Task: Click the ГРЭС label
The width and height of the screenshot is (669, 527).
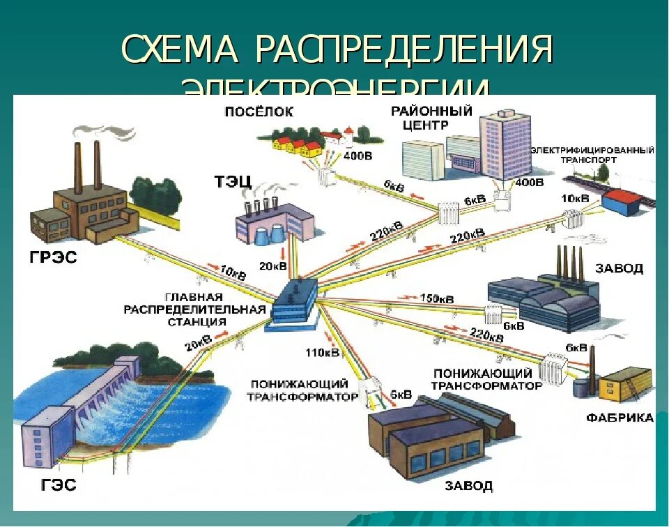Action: point(54,258)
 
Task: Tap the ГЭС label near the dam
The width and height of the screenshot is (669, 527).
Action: point(54,484)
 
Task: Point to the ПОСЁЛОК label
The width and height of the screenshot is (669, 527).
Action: point(259,112)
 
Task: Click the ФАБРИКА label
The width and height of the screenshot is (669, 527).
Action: point(620,418)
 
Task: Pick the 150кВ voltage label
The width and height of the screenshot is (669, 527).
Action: point(437,298)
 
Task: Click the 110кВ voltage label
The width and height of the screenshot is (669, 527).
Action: point(322,353)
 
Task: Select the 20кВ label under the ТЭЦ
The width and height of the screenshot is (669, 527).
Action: point(273,266)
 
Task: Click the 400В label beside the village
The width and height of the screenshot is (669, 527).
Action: point(358,155)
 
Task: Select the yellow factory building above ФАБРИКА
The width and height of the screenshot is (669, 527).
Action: point(624,384)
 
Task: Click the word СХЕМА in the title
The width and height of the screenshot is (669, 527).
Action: point(181,50)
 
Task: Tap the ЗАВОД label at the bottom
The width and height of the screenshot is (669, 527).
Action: point(468,484)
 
